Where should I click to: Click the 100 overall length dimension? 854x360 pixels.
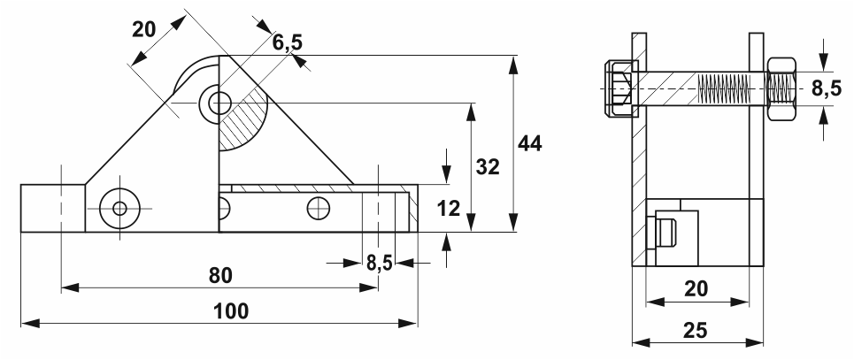pyautogui.click(x=231, y=311)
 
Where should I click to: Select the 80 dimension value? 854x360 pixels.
pyautogui.click(x=220, y=276)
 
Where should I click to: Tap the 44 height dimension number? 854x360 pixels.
pyautogui.click(x=530, y=143)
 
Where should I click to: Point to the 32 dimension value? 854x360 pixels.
pyautogui.click(x=487, y=167)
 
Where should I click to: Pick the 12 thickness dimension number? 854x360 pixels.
pyautogui.click(x=449, y=208)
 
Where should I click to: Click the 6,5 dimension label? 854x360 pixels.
pyautogui.click(x=288, y=42)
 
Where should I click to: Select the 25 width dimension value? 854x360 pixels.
pyautogui.click(x=695, y=330)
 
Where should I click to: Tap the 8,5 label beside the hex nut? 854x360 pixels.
pyautogui.click(x=827, y=88)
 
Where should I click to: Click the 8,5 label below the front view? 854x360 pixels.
pyautogui.click(x=379, y=264)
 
